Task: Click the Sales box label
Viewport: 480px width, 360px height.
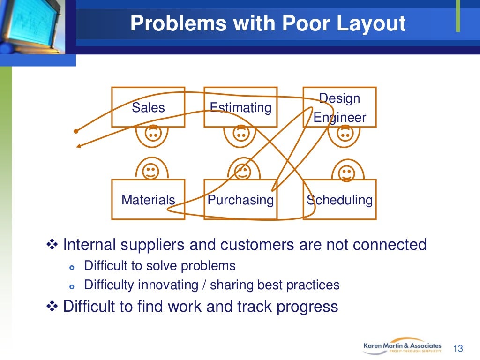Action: tap(148, 108)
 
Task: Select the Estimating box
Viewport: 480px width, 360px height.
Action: tap(240, 108)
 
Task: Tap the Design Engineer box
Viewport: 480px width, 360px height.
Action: tap(339, 107)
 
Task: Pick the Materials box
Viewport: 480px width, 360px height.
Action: tap(148, 200)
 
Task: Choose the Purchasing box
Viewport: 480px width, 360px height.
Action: tap(240, 200)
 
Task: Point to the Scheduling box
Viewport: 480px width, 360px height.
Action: tap(339, 200)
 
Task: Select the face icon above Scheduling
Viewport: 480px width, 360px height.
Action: tap(346, 172)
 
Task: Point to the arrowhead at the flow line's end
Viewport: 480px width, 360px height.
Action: tap(78, 147)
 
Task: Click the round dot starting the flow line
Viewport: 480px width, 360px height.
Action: tap(75, 132)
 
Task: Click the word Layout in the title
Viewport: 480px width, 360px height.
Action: tap(370, 23)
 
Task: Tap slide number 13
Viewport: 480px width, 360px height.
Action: tap(458, 348)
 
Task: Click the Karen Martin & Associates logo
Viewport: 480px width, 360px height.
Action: tap(402, 347)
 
